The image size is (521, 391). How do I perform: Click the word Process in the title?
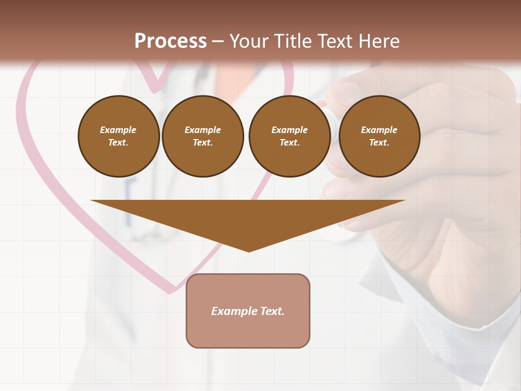tap(170, 41)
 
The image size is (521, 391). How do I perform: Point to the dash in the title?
tap(218, 42)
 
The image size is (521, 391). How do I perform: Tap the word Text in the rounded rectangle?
tap(272, 311)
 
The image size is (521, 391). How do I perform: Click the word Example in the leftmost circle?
tap(118, 130)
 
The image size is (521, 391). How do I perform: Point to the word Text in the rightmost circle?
tap(379, 142)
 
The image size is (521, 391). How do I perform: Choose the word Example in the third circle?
tap(289, 130)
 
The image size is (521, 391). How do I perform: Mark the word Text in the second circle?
tap(202, 142)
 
